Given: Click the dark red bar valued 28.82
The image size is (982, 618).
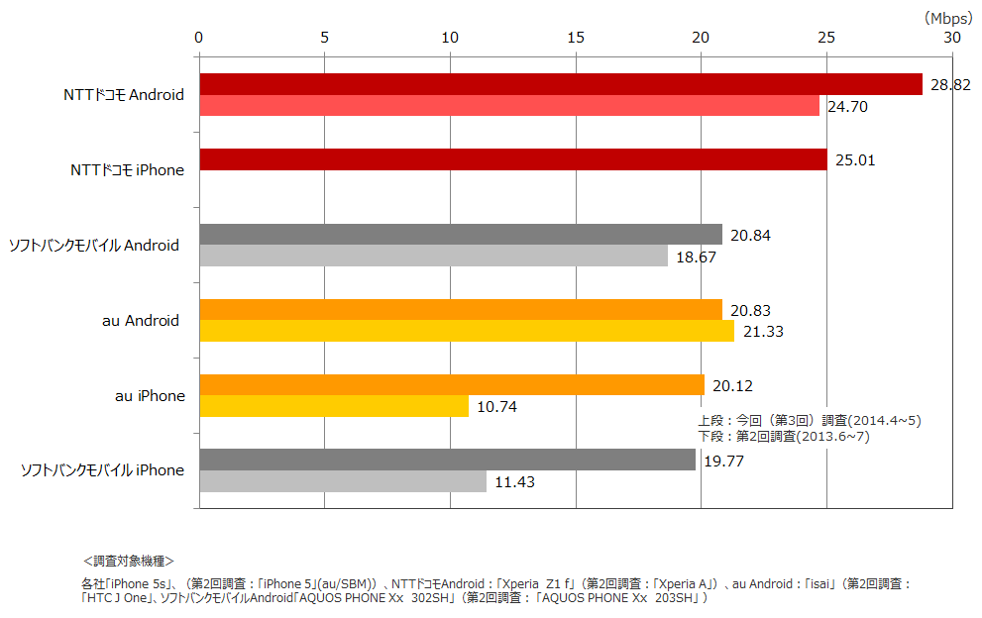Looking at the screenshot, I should pyautogui.click(x=560, y=84).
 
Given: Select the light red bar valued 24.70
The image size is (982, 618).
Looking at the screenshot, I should pyautogui.click(x=509, y=106).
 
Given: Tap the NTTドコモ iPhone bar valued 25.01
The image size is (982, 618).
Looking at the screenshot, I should pyautogui.click(x=512, y=159).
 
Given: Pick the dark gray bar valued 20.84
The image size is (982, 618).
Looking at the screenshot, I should pyautogui.click(x=461, y=235).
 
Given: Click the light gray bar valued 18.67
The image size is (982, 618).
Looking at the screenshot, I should pyautogui.click(x=433, y=256).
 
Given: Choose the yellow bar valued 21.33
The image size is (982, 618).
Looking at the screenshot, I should pyautogui.click(x=467, y=331).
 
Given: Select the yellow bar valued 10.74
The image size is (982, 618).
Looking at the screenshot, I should pyautogui.click(x=334, y=406).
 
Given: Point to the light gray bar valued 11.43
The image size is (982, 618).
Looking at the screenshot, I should pyautogui.click(x=343, y=481).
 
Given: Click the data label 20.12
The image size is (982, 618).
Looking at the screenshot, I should pyautogui.click(x=733, y=385).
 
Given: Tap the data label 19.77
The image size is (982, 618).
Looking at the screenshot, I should pyautogui.click(x=724, y=461).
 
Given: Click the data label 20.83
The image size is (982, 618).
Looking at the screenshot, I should pyautogui.click(x=751, y=310).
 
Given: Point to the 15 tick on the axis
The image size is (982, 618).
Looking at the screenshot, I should pyautogui.click(x=576, y=38).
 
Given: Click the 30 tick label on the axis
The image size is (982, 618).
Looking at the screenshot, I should pyautogui.click(x=951, y=38).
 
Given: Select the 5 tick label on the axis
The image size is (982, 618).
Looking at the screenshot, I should pyautogui.click(x=325, y=38).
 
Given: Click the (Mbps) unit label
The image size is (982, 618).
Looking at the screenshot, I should pyautogui.click(x=948, y=18).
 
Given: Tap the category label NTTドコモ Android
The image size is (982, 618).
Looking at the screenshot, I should pyautogui.click(x=123, y=95).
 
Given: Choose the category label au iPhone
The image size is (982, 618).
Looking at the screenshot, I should pyautogui.click(x=150, y=396).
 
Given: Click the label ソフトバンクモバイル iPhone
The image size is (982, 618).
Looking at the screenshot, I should pyautogui.click(x=103, y=470).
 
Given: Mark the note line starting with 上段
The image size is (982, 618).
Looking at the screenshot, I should pyautogui.click(x=810, y=421).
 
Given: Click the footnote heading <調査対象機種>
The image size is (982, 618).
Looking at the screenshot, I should pyautogui.click(x=129, y=561).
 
